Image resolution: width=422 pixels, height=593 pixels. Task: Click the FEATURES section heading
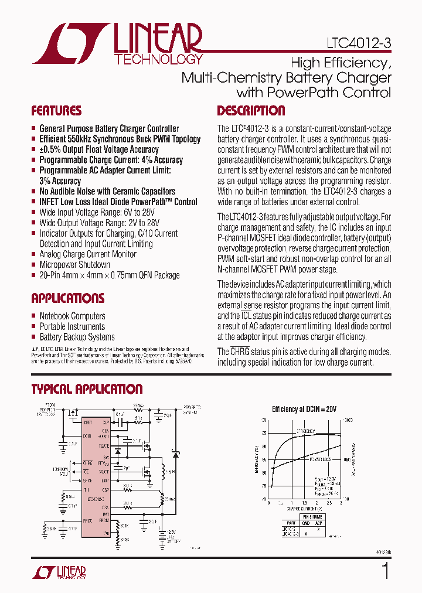point(56,111)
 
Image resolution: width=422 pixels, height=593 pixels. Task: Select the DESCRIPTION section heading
point(251,111)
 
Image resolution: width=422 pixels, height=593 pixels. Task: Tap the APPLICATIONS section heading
point(68,298)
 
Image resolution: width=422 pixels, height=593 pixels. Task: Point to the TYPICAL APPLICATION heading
point(87,389)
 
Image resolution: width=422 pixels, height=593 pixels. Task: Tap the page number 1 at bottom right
point(385,571)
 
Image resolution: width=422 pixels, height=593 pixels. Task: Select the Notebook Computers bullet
point(72,316)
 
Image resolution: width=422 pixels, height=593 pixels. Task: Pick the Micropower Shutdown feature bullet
point(74,265)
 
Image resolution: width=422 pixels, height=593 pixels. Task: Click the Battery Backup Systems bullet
point(77,337)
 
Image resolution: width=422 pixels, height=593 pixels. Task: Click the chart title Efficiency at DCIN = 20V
point(305,409)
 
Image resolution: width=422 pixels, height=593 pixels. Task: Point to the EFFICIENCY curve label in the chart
point(305,431)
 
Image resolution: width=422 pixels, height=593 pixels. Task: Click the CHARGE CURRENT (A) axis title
point(304,509)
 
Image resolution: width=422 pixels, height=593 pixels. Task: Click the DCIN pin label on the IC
point(88,436)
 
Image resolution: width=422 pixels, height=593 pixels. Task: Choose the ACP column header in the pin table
point(318,523)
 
